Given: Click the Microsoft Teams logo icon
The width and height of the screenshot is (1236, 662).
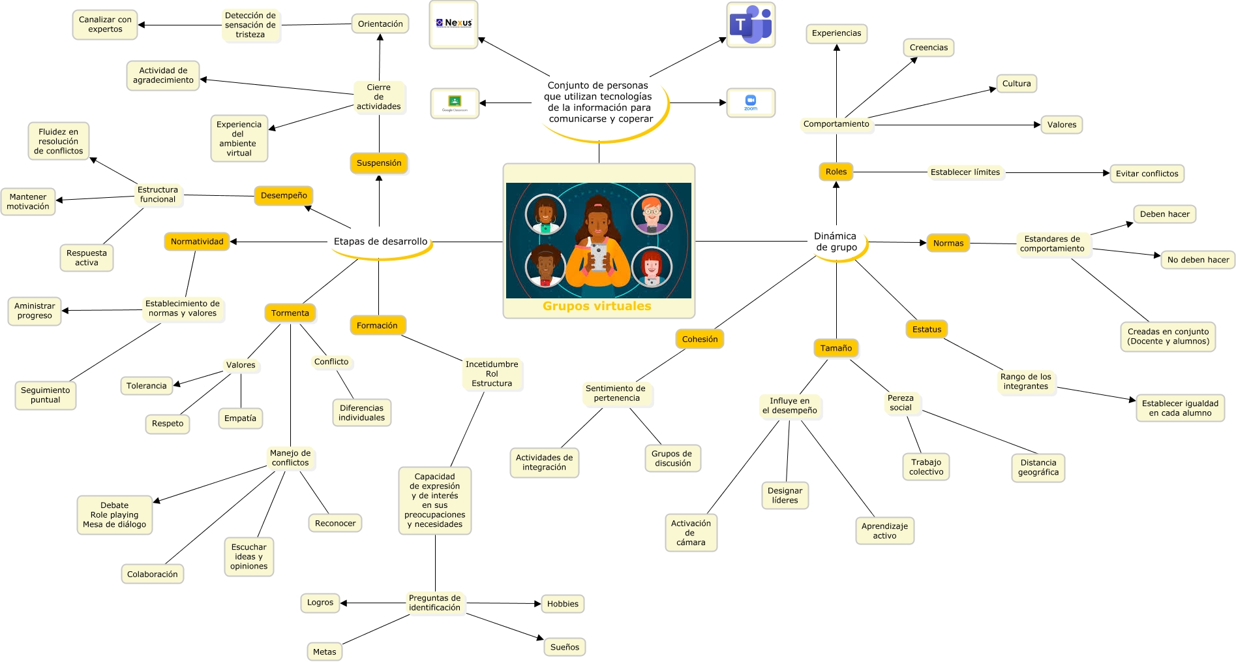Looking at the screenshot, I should pos(750,25).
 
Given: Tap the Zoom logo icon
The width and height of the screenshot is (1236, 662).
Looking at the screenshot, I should pos(751,102).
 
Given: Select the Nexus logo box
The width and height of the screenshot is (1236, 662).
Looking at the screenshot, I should pos(453,24).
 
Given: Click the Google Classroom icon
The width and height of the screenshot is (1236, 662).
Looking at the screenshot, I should pos(455,103).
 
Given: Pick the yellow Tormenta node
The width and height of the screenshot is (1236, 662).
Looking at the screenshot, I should pos(290,313).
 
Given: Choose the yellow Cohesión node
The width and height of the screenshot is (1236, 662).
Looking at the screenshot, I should pos(699,339).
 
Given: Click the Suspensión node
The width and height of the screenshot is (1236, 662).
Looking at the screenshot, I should pos(379,163).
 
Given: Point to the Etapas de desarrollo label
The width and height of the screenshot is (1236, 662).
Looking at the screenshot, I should pos(380,242).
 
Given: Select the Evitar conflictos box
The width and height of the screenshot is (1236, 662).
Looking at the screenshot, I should pos(1147,173).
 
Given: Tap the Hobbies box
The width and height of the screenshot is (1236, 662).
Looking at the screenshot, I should pos(562,604).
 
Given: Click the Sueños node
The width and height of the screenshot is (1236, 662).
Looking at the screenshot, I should pos(564,647).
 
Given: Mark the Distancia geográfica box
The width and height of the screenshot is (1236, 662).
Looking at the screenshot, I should pos(1038,467).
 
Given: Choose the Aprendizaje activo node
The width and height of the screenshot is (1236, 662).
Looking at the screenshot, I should pos(884,531).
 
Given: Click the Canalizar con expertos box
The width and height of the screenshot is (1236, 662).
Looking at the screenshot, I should pos(105,24).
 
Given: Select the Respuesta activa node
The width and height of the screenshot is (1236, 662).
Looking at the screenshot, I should pos(86,258).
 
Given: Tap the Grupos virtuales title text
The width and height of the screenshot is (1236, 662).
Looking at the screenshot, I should pos(597,306).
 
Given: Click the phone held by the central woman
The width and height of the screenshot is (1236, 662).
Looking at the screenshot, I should pos(597,257).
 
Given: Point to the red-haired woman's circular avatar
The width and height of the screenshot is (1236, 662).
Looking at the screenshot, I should pos(652,267).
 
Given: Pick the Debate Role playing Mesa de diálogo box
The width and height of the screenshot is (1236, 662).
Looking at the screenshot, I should pos(114,514).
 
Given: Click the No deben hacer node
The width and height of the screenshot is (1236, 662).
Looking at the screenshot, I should pos(1198,260).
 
